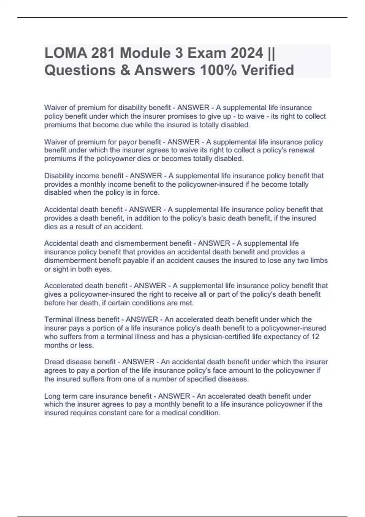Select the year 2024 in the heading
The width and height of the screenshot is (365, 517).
pyautogui.click(x=247, y=54)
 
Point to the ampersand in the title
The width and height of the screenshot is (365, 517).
pyautogui.click(x=127, y=70)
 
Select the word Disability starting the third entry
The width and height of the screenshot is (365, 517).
pyautogui.click(x=59, y=176)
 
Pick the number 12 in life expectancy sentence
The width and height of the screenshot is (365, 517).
pyautogui.click(x=315, y=337)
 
